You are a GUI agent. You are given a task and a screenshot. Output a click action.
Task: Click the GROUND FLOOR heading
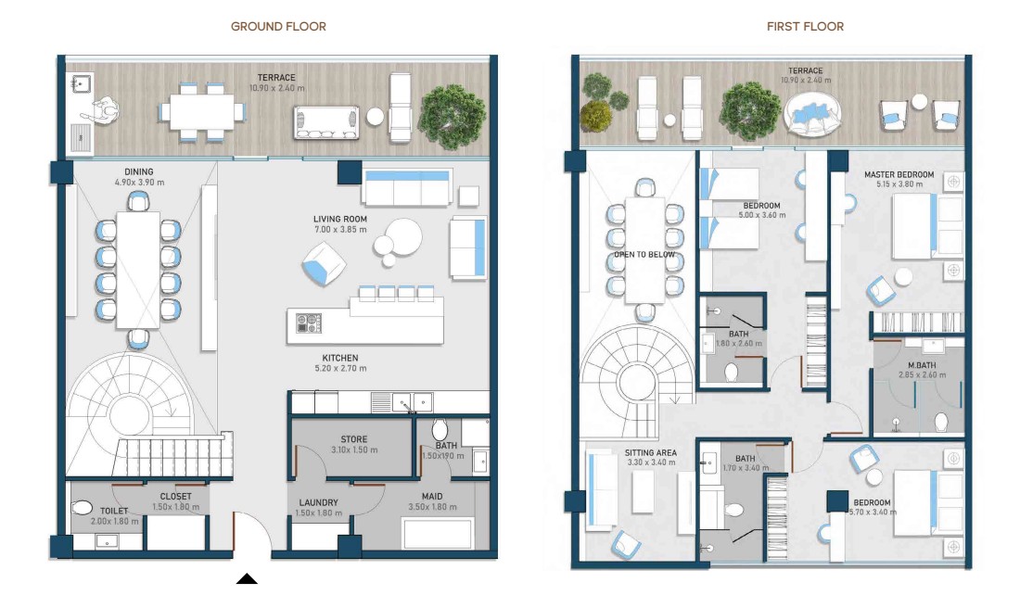click(278, 27)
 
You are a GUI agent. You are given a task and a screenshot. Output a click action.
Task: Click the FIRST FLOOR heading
click(805, 27)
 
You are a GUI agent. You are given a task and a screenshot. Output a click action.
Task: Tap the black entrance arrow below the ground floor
click(247, 578)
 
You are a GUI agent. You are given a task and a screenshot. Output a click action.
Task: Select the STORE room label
click(354, 439)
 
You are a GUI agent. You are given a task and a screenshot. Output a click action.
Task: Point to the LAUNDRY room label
click(318, 502)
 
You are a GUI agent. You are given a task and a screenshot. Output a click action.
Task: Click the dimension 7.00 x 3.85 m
click(340, 230)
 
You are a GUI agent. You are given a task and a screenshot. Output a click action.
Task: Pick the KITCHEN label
click(340, 358)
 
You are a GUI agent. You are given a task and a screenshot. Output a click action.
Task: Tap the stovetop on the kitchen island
click(309, 323)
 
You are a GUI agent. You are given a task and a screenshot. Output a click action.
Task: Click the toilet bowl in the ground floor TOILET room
click(83, 507)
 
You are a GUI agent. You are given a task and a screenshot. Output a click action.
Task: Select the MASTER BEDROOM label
click(899, 174)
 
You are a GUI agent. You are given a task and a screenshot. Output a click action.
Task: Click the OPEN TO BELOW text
click(644, 254)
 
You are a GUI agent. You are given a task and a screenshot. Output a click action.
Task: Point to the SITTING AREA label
click(651, 452)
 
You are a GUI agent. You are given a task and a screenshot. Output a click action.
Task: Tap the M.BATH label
click(922, 365)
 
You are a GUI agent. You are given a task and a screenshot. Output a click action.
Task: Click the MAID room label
click(432, 496)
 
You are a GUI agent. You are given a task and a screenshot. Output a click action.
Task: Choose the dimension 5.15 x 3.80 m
click(899, 184)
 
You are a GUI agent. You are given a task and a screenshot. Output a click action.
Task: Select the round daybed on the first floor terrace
click(812, 114)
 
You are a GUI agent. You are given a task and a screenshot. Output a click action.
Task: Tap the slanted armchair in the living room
click(324, 263)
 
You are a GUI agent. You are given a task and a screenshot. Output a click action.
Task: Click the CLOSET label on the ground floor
click(175, 496)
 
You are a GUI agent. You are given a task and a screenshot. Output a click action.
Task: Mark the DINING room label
click(138, 172)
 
